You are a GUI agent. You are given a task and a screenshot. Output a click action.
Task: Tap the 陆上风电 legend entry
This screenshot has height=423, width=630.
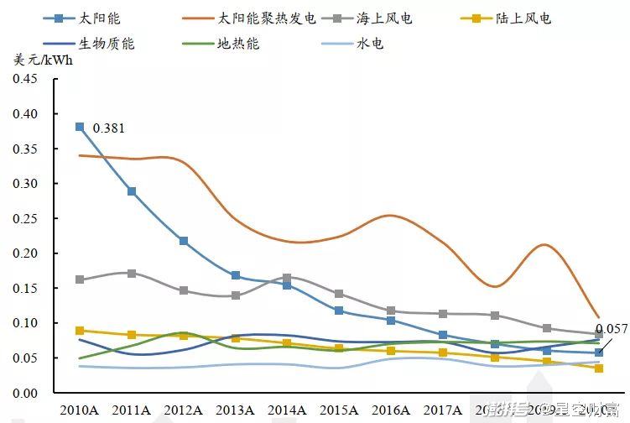(528, 18)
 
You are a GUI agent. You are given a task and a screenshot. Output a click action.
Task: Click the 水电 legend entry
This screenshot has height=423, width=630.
(369, 43)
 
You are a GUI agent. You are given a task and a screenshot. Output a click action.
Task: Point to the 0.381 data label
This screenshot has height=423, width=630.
(109, 128)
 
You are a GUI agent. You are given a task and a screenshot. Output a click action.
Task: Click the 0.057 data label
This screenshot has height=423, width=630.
(611, 329)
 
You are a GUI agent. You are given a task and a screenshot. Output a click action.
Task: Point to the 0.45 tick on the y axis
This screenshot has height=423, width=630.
(25, 79)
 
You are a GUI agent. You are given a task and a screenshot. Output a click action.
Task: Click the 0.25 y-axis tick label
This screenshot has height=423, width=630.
(25, 218)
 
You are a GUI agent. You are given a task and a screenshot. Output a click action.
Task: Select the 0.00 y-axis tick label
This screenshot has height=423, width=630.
(25, 393)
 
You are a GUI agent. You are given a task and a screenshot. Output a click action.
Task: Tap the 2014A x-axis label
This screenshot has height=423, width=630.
(287, 410)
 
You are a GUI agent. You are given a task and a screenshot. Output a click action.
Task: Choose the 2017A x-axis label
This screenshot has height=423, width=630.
(443, 410)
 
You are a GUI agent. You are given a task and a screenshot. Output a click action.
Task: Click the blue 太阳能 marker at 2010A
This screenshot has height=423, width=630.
(80, 127)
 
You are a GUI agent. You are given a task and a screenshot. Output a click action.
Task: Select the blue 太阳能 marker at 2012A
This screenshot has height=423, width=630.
(184, 241)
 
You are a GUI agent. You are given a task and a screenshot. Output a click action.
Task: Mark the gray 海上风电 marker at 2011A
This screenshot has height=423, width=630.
(132, 274)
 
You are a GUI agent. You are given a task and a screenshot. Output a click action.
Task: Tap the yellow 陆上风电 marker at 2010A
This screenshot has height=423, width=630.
(80, 331)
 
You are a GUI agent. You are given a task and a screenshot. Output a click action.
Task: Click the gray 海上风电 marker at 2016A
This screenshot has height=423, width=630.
(391, 311)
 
